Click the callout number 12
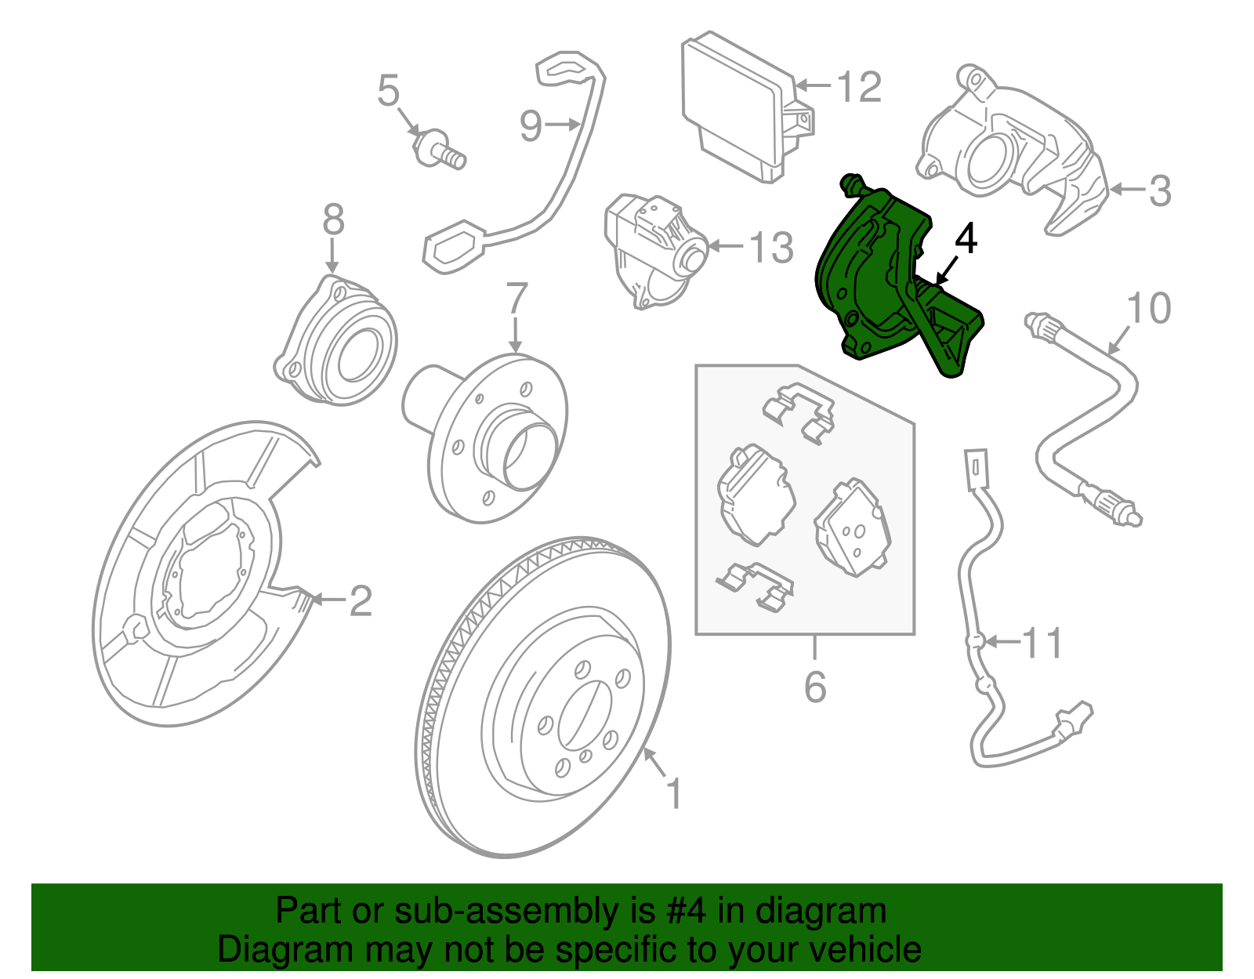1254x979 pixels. point(860,87)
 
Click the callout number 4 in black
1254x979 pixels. point(966,240)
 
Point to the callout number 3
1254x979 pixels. point(1160,190)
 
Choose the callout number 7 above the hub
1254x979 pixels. point(517,299)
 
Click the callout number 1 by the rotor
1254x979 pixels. point(674,794)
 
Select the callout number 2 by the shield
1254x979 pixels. point(360,601)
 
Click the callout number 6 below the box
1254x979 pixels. point(815,687)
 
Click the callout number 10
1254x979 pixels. point(1148,308)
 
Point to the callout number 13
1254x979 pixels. point(771,248)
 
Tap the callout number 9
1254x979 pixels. point(531,125)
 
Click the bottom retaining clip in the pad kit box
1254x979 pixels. point(756,586)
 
